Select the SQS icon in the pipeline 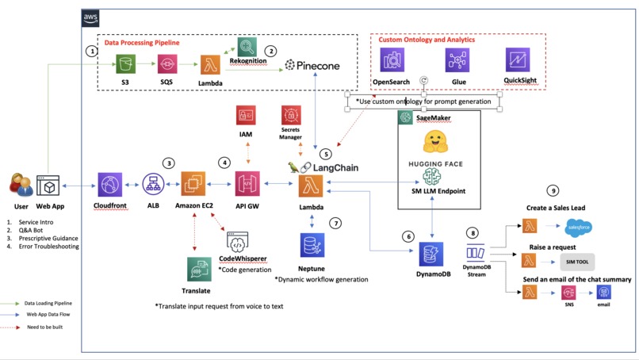(x=166, y=63)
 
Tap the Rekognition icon (x=247, y=47)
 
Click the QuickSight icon (x=518, y=60)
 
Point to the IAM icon (x=246, y=115)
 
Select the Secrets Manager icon (x=291, y=115)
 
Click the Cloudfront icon (x=110, y=185)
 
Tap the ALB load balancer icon (x=153, y=185)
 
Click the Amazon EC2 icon (x=194, y=184)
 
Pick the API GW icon (x=248, y=184)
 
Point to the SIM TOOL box (x=576, y=261)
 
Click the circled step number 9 (x=553, y=191)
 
